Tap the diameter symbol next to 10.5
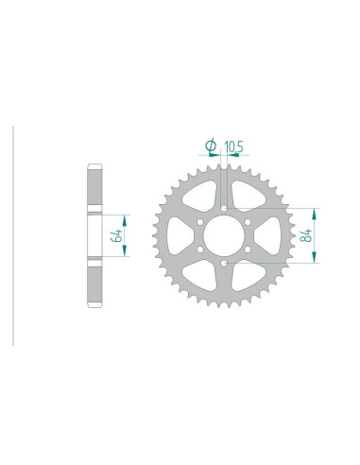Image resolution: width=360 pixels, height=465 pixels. [211, 146]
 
